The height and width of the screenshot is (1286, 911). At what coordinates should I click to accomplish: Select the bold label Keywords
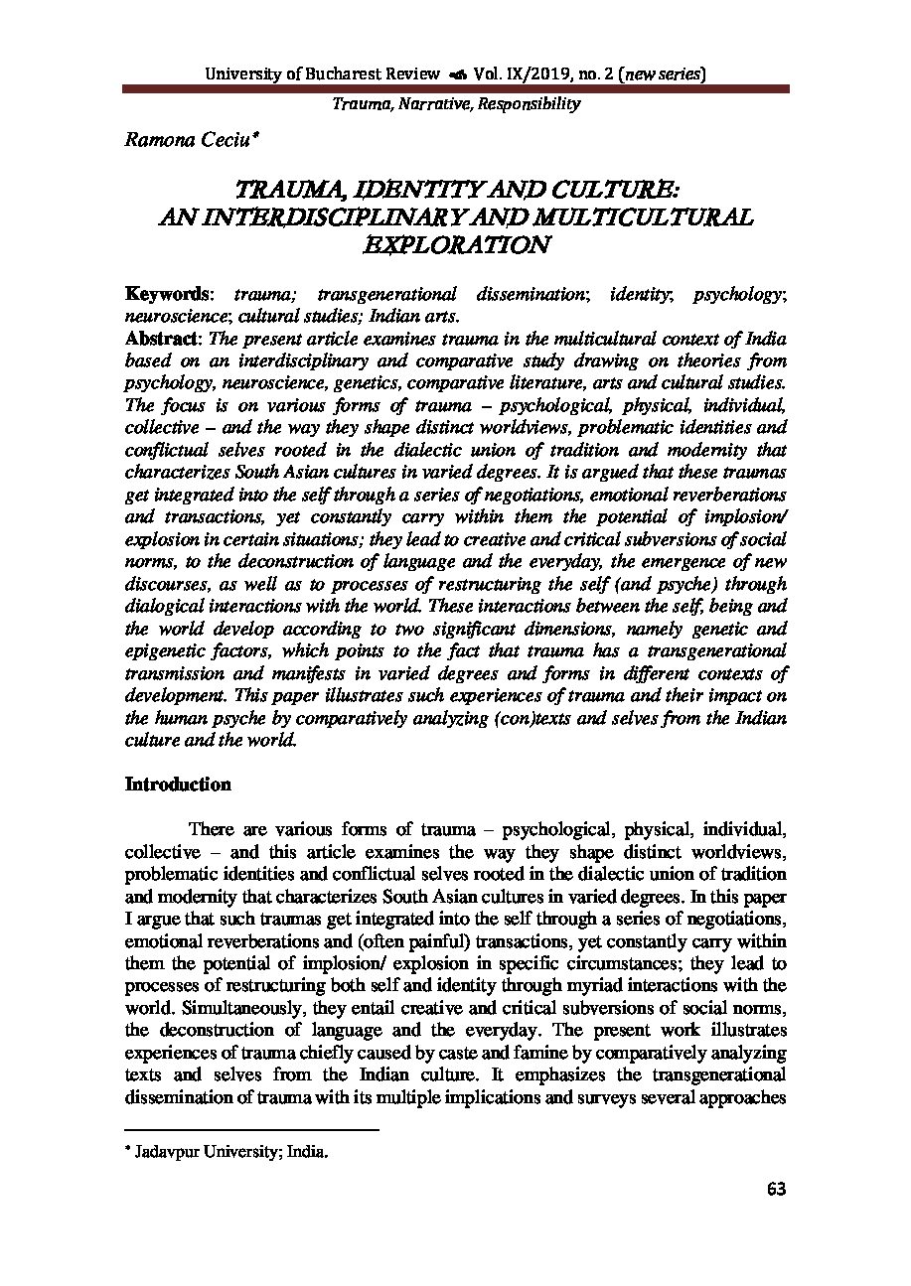point(166,294)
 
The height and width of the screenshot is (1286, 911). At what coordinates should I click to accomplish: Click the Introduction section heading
point(178,785)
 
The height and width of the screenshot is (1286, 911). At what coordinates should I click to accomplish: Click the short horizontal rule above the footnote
point(252,1129)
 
